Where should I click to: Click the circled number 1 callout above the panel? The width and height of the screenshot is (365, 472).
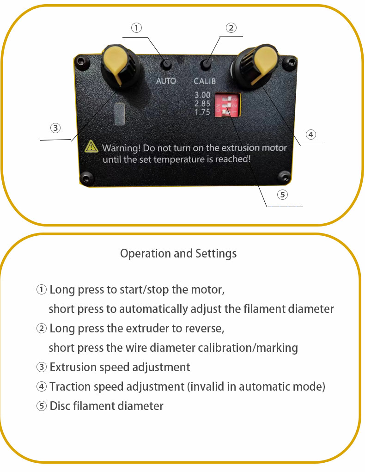(x=136, y=28)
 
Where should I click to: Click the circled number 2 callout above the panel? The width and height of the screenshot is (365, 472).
(x=231, y=28)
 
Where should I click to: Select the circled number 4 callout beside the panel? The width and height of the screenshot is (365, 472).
(x=311, y=135)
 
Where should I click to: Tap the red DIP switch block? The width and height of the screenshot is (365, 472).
(x=226, y=105)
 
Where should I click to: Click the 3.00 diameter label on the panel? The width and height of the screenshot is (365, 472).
(x=202, y=96)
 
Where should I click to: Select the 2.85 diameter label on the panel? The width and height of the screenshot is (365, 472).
(x=202, y=104)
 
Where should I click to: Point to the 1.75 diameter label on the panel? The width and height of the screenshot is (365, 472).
(x=202, y=112)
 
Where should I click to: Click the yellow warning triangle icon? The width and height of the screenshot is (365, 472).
(x=91, y=147)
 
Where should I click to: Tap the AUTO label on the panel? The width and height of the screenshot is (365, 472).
(x=166, y=81)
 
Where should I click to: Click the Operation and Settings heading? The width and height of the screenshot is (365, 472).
(x=178, y=253)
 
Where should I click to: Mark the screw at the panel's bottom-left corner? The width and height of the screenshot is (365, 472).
(x=86, y=178)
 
